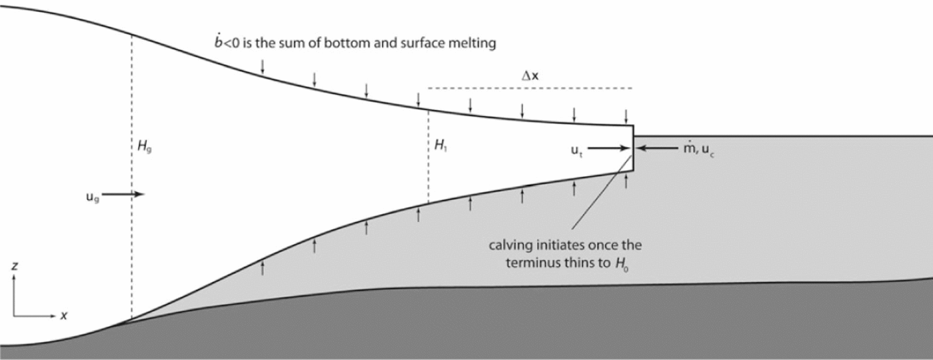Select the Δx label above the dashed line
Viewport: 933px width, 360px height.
pyautogui.click(x=530, y=76)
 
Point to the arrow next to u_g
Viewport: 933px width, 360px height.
pyautogui.click(x=124, y=194)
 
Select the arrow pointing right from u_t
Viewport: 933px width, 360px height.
pyautogui.click(x=606, y=149)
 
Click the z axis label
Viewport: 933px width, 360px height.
pyautogui.click(x=15, y=266)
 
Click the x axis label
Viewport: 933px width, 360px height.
pyautogui.click(x=63, y=316)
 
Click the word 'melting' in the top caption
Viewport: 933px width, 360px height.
pyautogui.click(x=475, y=44)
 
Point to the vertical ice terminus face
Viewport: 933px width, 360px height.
pyautogui.click(x=632, y=148)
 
